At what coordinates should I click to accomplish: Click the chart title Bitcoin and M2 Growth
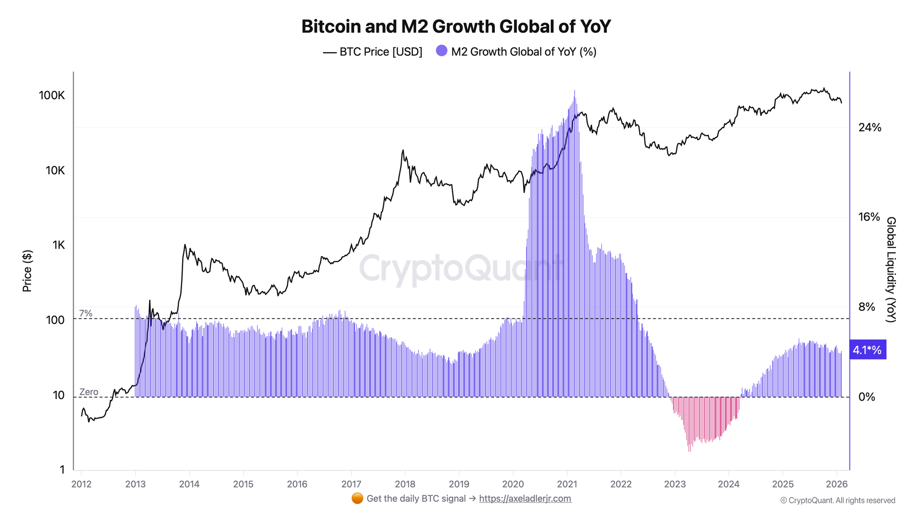pos(456,27)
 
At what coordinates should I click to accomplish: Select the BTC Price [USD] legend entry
pos(373,52)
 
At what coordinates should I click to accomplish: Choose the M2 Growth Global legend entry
pos(516,52)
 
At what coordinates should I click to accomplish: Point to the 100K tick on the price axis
pos(52,95)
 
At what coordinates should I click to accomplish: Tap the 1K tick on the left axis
pos(58,245)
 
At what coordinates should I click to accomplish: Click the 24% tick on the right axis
pos(870,128)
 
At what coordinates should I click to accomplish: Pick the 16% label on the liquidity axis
pos(869,217)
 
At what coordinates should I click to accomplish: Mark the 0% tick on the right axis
pos(867,397)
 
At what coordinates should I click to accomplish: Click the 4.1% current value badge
pos(867,350)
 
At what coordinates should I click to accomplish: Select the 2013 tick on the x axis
pos(135,484)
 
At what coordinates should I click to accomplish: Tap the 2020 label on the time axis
pos(513,484)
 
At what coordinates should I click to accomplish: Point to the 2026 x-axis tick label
pos(836,484)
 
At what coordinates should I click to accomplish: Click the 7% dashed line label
pos(86,313)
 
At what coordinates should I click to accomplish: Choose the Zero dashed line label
pos(89,392)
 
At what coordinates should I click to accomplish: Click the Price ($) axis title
pos(28,271)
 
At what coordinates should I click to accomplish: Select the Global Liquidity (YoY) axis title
pos(890,270)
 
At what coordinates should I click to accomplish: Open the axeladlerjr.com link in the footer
pos(525,499)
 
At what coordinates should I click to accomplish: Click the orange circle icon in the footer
pos(357,499)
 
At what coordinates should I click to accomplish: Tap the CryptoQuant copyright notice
pos(838,500)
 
